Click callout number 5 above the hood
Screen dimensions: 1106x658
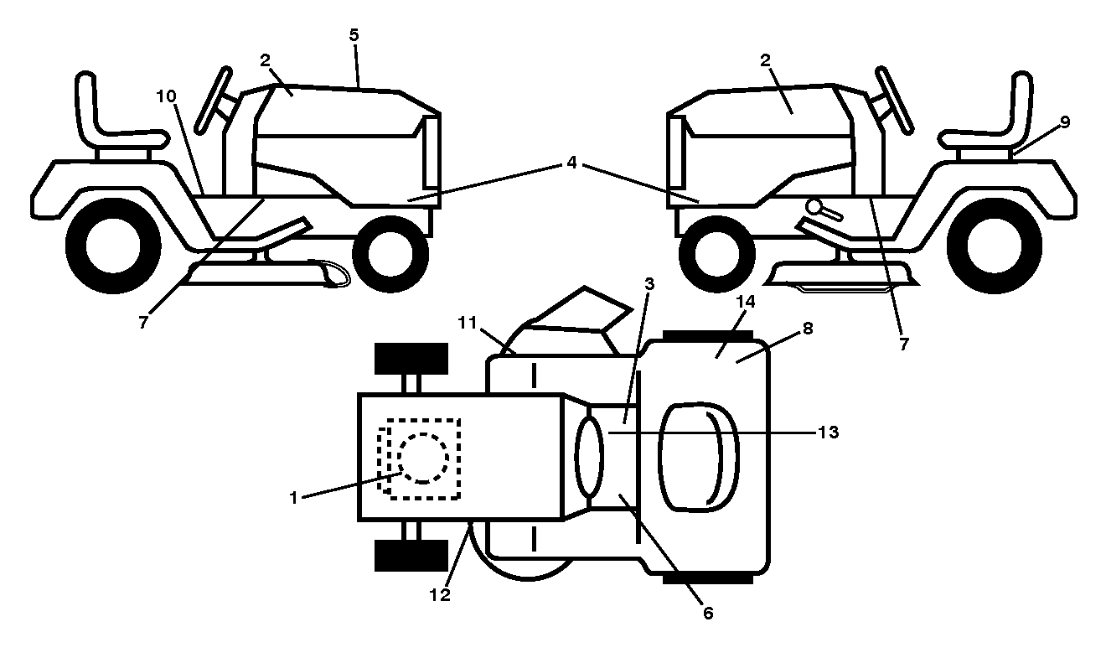[x=354, y=35]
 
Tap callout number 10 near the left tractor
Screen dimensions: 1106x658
[x=167, y=96]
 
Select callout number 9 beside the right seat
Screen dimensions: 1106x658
[x=1065, y=122]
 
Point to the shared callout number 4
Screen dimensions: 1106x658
[x=571, y=162]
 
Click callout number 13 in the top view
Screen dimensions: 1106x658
[x=829, y=433]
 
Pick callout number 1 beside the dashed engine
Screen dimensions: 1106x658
[x=294, y=497]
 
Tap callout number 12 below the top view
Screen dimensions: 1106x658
[x=440, y=595]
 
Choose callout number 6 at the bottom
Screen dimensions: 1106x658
[x=708, y=613]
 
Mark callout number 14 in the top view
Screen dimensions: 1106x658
[x=746, y=301]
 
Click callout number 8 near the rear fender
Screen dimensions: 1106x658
[x=808, y=329]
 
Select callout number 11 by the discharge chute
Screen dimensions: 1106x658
[x=468, y=323]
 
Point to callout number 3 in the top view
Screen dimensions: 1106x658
[x=649, y=283]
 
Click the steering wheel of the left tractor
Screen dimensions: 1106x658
[x=214, y=100]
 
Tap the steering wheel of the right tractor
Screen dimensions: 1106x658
[x=894, y=100]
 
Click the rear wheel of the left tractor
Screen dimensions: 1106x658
[x=113, y=246]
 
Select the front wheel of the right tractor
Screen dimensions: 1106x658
[x=717, y=255]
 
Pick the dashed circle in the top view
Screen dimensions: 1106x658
[x=422, y=459]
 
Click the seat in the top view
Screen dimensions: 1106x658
[x=699, y=457]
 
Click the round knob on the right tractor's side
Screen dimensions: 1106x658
[x=814, y=206]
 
